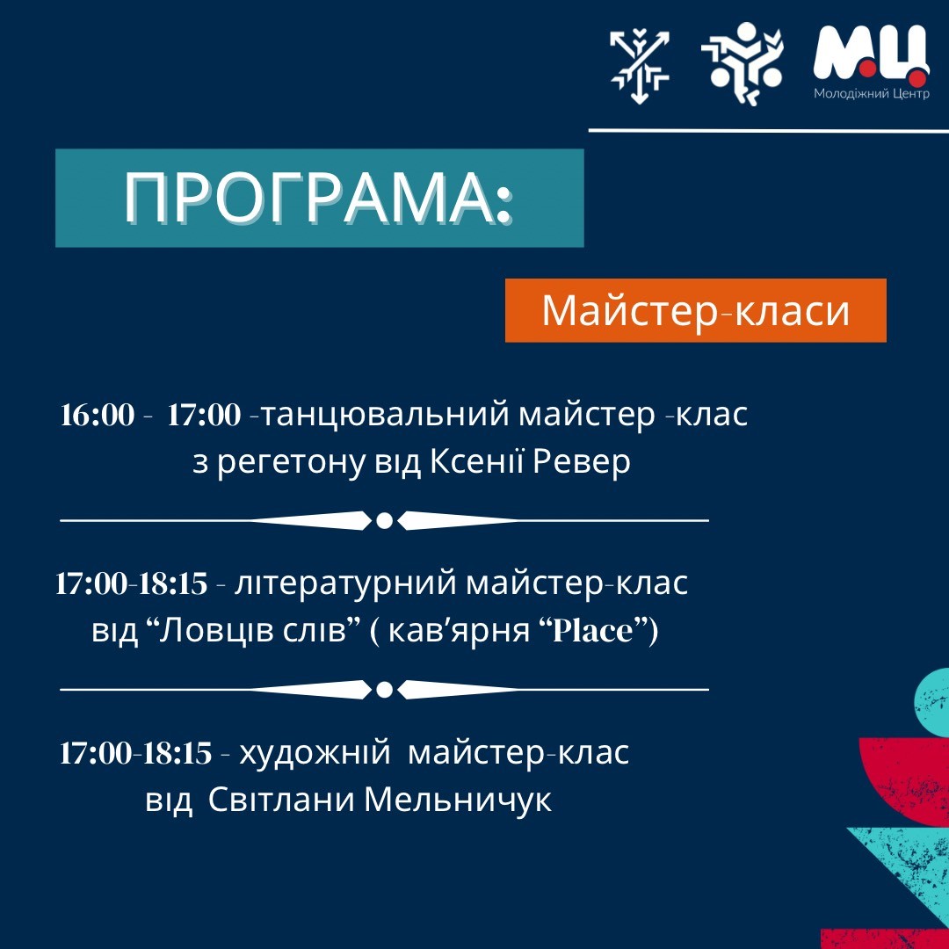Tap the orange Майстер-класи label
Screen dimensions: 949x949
[695, 310]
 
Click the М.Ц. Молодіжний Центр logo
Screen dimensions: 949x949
[871, 62]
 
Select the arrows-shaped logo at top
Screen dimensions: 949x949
[640, 65]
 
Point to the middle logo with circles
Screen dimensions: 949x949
[742, 63]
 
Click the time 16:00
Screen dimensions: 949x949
[98, 415]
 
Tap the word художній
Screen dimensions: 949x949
[314, 754]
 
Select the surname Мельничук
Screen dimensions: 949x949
[458, 801]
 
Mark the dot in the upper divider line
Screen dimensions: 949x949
[384, 520]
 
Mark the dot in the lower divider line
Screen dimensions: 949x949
[384, 690]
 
